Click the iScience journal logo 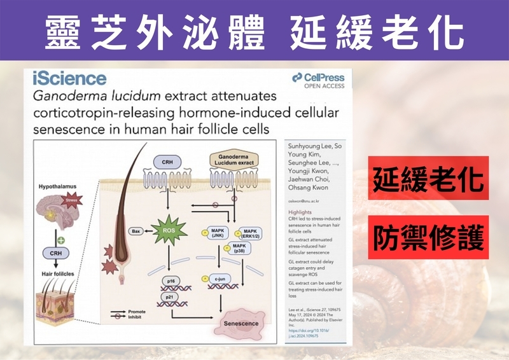click(69, 78)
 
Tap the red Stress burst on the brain click(70, 203)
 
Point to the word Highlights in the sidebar click(301, 211)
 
